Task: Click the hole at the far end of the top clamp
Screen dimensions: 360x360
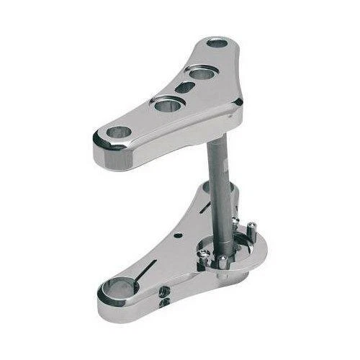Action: click(216, 42)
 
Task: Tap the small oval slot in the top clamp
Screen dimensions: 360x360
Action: click(186, 87)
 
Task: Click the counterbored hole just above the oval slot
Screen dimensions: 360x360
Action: click(200, 72)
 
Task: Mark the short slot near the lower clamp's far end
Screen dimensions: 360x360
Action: click(204, 208)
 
